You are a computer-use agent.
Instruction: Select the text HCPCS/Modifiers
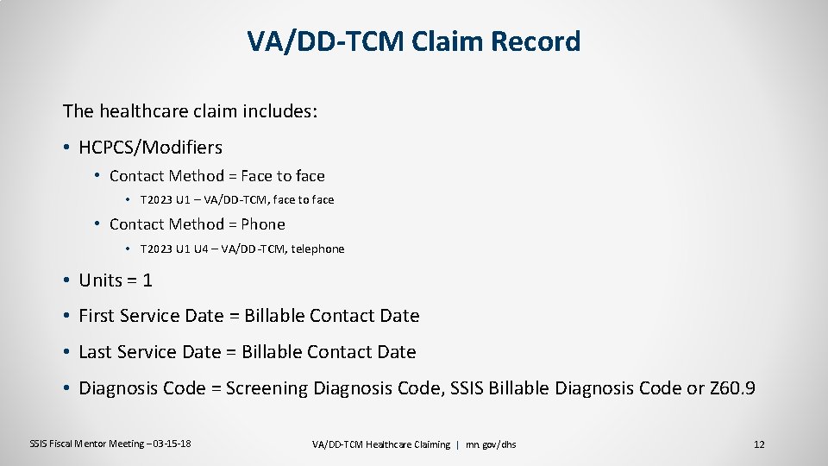(150, 148)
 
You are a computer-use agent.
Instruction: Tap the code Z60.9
(732, 388)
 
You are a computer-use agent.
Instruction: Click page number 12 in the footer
(759, 444)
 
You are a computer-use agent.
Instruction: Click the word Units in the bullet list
(100, 280)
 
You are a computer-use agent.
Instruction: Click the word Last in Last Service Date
(95, 352)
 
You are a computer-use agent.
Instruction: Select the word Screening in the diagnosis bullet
(266, 388)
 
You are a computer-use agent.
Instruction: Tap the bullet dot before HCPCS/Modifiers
(66, 148)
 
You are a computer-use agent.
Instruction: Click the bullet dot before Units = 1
(66, 280)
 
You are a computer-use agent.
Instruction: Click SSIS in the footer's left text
(40, 444)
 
